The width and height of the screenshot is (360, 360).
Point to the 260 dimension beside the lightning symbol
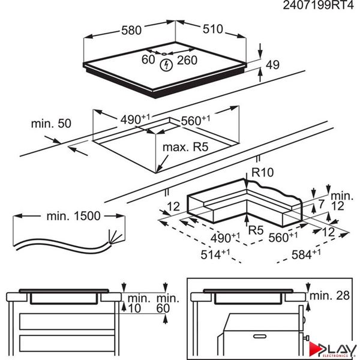tap(188, 60)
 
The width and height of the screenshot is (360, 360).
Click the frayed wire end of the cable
tap(110, 235)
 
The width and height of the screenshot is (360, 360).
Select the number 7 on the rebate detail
tap(321, 205)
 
